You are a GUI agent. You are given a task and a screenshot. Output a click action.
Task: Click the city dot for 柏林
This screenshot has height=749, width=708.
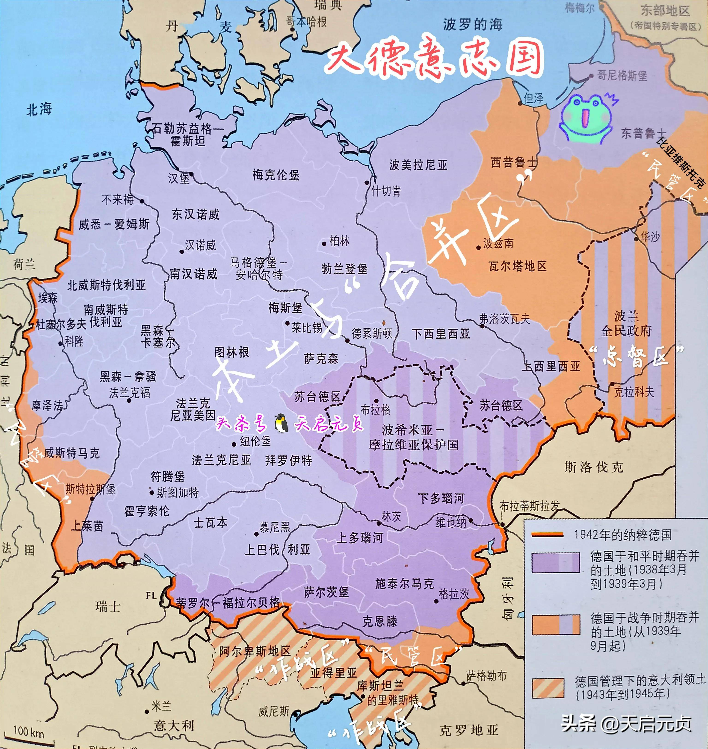pos(324,243)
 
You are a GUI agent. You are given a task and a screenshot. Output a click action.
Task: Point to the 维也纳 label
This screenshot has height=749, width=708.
pos(451,522)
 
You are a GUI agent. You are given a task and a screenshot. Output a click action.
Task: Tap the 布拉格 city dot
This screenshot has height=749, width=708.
pos(376,401)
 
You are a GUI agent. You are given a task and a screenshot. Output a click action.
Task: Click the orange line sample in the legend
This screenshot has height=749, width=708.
pos(547,535)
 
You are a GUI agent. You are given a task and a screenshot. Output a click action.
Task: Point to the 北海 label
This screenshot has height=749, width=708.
pos(39,109)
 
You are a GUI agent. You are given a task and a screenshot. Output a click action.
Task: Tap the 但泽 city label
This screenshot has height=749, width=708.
pos(534,98)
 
